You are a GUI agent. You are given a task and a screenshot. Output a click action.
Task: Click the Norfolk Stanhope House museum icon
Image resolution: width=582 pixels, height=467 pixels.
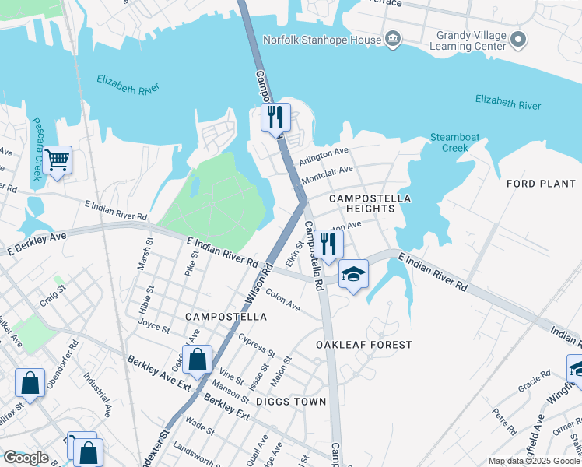click(x=393, y=39)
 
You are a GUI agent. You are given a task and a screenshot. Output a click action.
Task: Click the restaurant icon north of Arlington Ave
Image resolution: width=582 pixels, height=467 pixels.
click(x=275, y=118)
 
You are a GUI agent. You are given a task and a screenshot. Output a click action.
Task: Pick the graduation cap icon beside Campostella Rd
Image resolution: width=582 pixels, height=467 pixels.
click(x=353, y=274)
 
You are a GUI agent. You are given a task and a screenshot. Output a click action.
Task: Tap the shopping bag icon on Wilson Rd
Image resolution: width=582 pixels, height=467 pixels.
click(x=198, y=360)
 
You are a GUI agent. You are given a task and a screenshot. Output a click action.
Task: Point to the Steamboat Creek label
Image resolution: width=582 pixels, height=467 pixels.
click(x=449, y=142)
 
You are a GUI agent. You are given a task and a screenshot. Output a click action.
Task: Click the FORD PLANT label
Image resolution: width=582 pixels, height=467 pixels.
click(x=540, y=184)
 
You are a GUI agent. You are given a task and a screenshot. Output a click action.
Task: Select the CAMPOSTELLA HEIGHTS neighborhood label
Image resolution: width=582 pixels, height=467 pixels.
click(x=370, y=205)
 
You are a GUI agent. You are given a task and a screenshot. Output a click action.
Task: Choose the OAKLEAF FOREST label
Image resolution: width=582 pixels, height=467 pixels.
click(x=363, y=344)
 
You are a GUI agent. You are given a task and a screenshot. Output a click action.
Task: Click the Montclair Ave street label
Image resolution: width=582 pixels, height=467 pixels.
click(x=327, y=174)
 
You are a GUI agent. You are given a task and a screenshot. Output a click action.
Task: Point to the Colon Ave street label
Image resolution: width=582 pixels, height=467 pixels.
click(x=282, y=300)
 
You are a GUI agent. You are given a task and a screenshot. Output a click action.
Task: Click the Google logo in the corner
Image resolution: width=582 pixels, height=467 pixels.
click(x=26, y=458)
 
